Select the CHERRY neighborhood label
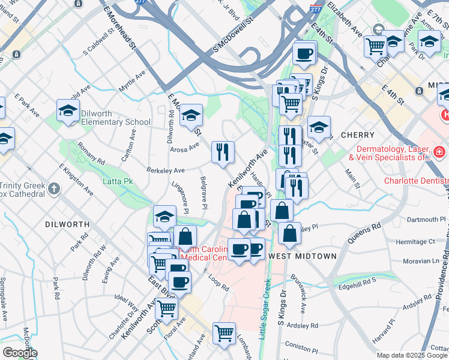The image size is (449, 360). click(358, 135)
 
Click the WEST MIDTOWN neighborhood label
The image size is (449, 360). click(303, 256)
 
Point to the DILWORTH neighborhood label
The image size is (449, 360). click(67, 224)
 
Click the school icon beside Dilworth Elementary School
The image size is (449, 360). click(68, 111)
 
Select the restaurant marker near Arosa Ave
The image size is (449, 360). click(223, 152)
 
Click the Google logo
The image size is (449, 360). click(20, 353)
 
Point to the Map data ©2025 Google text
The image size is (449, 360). click(411, 355)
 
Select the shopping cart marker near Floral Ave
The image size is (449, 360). click(166, 309)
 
